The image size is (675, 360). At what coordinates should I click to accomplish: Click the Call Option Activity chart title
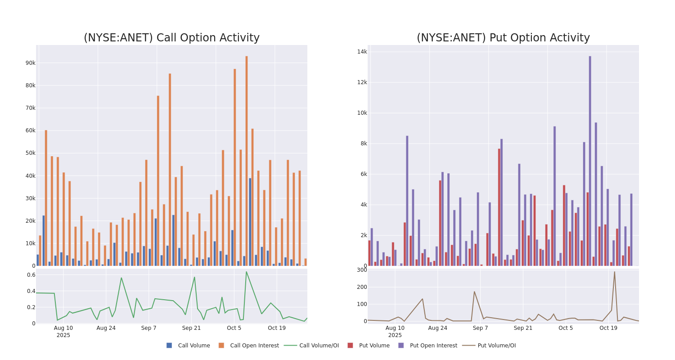[171, 38]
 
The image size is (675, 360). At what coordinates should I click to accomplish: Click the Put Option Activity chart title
[503, 38]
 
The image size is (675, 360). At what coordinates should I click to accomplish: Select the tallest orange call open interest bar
[247, 161]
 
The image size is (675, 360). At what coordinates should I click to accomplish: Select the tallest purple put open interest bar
[590, 161]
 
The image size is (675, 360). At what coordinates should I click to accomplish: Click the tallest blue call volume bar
[250, 221]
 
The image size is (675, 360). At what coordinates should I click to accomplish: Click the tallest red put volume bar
[499, 207]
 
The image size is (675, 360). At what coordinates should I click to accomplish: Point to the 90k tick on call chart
[30, 63]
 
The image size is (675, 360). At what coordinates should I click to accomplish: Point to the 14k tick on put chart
[362, 52]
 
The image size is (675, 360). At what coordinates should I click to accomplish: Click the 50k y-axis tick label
[30, 153]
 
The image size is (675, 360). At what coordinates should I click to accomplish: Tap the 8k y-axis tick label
[362, 144]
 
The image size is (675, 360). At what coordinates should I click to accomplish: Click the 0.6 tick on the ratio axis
[31, 275]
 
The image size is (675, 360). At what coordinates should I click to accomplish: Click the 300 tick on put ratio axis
[362, 270]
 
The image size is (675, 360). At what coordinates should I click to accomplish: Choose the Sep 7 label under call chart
[148, 328]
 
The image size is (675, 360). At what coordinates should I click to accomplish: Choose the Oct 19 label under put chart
[608, 328]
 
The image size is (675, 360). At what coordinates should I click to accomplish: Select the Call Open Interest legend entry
[254, 346]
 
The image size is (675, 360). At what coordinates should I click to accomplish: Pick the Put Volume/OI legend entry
[496, 346]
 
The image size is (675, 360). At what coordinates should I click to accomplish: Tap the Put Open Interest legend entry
[433, 346]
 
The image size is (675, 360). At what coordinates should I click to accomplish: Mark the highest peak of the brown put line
[614, 271]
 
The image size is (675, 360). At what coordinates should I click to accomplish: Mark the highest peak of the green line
[246, 272]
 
